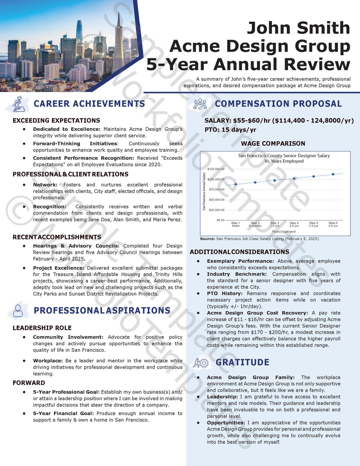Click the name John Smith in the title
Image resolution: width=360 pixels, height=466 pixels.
click(298, 28)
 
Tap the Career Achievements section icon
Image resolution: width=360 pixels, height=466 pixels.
click(19, 104)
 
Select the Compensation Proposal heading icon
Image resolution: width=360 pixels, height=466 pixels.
click(200, 104)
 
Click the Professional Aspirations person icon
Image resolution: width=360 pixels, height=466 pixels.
click(18, 311)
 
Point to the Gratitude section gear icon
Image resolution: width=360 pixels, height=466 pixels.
click(201, 363)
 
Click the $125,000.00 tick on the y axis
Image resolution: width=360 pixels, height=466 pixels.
click(216, 169)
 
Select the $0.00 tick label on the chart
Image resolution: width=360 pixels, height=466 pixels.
click(220, 220)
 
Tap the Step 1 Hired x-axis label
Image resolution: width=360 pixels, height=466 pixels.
click(236, 224)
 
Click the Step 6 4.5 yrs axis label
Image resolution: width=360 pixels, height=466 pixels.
click(333, 224)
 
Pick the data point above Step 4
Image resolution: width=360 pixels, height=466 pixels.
click(294, 179)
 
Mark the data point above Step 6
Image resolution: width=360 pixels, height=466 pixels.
click(333, 174)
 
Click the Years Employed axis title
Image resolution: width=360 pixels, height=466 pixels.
click(284, 232)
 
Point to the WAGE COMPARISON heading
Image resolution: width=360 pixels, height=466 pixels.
click(273, 144)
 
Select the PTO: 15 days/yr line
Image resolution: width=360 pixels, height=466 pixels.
click(230, 130)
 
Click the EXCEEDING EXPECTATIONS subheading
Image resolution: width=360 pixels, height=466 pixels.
click(56, 121)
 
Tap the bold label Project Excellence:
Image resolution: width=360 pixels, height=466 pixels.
click(59, 268)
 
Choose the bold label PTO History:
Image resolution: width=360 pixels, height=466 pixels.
click(225, 294)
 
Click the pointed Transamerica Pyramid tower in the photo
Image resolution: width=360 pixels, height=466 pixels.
click(118, 47)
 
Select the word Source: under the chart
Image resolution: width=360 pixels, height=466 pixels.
click(207, 239)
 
